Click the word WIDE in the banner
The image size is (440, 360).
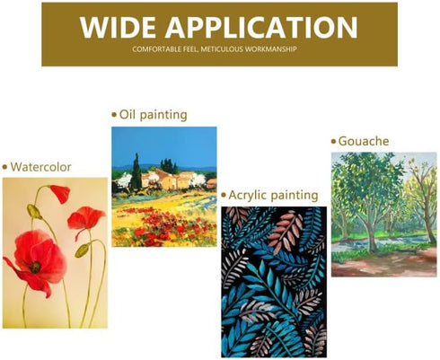coord(118,27)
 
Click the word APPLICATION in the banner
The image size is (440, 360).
coord(261,27)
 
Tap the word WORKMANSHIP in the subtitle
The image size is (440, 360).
coord(270,49)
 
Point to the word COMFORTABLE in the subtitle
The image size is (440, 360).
coord(157,49)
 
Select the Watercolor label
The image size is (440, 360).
coord(40,167)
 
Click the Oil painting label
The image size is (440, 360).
coord(154,115)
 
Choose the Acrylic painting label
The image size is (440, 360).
coord(273,196)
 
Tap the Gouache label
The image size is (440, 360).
coord(364,141)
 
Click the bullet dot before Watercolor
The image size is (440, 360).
coord(4,167)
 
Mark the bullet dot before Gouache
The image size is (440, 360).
coord(334,141)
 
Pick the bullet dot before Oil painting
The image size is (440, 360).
coord(114,115)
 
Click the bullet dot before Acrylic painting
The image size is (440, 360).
coord(224,196)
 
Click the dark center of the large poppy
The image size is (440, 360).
coord(35,268)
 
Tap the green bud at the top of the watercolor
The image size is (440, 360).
coord(34,212)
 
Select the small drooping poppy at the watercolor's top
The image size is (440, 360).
coord(60,194)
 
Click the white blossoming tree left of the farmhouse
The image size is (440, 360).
coord(124,180)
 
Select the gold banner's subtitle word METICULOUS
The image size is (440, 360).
coord(222,49)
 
